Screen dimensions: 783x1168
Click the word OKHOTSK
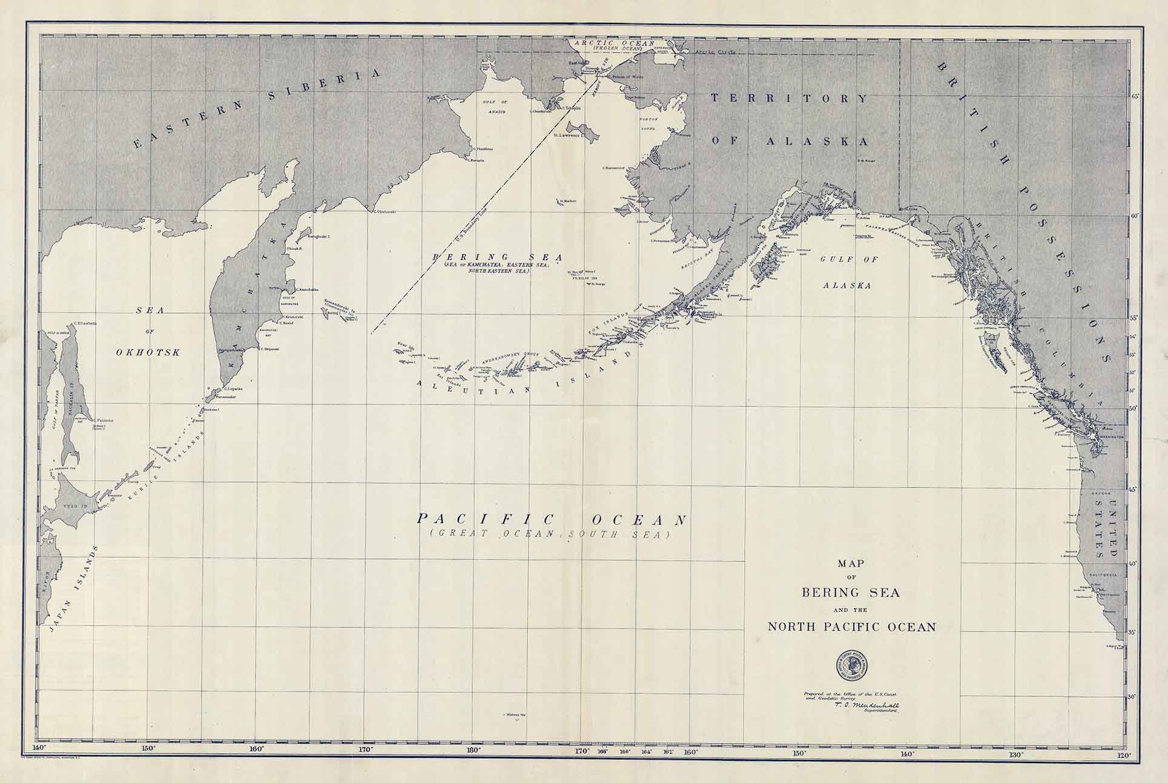(148, 352)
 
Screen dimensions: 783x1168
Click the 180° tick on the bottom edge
(474, 749)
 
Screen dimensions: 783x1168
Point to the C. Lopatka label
(234, 388)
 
